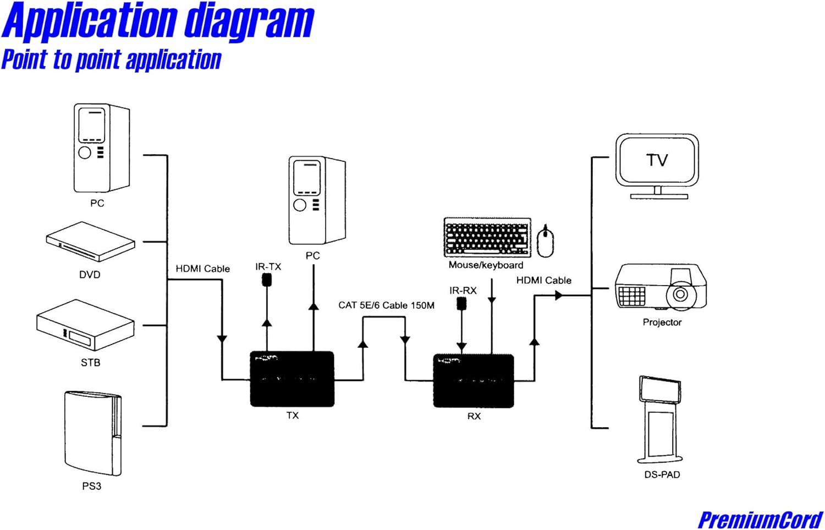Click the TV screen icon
(657, 166)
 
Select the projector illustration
(661, 287)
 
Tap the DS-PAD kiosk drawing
(660, 420)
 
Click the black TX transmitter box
(292, 379)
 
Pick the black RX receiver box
(473, 381)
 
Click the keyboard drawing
(487, 237)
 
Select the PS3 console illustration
(93, 434)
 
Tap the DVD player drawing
(91, 242)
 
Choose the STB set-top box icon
(85, 325)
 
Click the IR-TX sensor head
(267, 280)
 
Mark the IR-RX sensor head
(461, 304)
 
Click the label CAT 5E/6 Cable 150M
(386, 305)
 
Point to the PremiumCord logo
(760, 520)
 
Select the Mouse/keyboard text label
(486, 265)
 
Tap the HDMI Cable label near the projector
(543, 280)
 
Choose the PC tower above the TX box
(317, 200)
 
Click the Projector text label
(662, 323)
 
